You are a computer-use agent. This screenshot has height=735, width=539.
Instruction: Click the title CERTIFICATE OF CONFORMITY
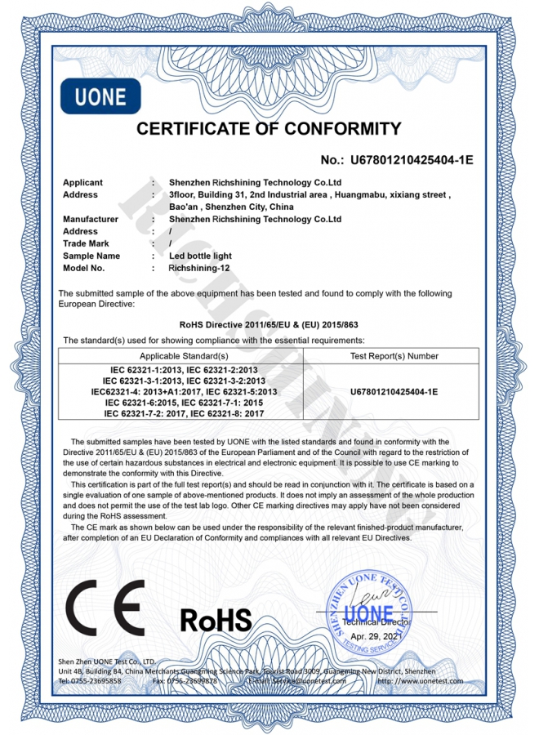coord(269,129)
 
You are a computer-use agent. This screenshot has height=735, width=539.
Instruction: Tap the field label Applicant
coord(82,183)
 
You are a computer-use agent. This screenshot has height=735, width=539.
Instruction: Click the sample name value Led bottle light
coord(199,256)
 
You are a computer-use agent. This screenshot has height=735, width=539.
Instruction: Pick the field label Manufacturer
coord(91,219)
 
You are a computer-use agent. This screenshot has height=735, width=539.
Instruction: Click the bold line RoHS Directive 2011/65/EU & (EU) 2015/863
coord(269,324)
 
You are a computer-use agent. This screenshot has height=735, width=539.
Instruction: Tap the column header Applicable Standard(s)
coord(184,356)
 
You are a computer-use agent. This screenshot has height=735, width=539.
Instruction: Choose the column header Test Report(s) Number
coord(394,356)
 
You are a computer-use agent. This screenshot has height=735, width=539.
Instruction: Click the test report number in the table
coord(394,392)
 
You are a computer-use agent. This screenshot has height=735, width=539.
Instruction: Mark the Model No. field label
coord(83,268)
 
